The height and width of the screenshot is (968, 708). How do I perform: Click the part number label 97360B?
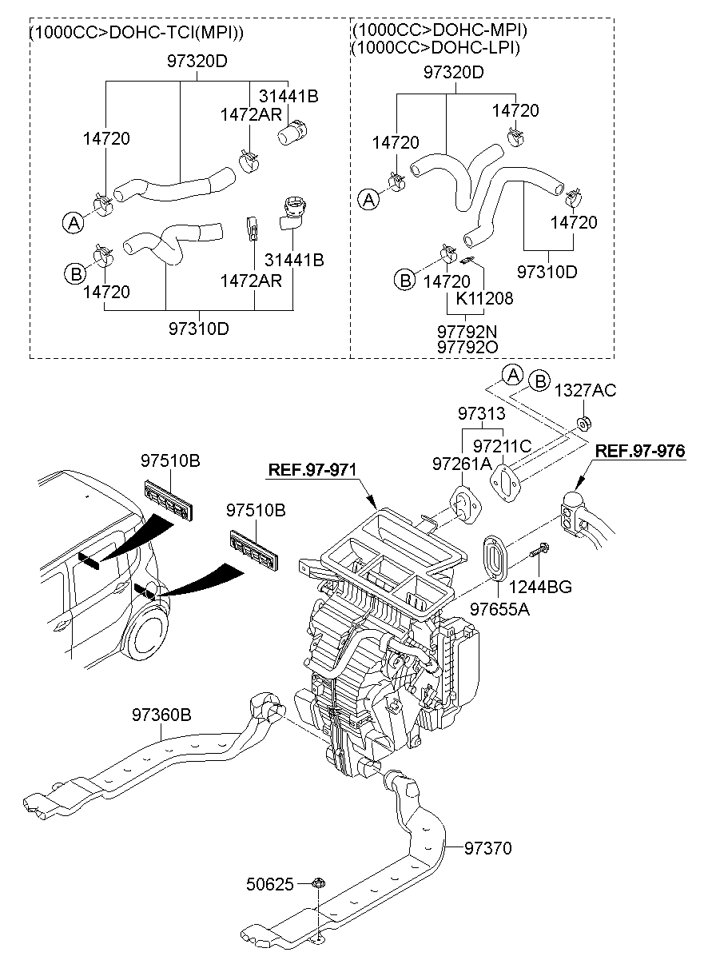(161, 715)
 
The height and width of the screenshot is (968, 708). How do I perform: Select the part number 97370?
(488, 847)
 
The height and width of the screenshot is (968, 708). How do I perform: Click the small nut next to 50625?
(317, 884)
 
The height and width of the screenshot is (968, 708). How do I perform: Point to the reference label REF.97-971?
(311, 469)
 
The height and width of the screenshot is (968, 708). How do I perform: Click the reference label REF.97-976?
(640, 451)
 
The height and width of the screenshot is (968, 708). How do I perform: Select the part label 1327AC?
(586, 390)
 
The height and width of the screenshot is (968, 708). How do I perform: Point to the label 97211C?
(502, 445)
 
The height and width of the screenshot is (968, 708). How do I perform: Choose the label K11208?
(484, 298)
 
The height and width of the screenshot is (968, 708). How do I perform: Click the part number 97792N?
(467, 330)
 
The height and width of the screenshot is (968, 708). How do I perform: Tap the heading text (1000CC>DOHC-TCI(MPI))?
(137, 33)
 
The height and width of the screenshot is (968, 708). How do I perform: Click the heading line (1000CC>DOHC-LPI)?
(436, 47)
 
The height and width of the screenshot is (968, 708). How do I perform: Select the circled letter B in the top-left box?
(74, 274)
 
